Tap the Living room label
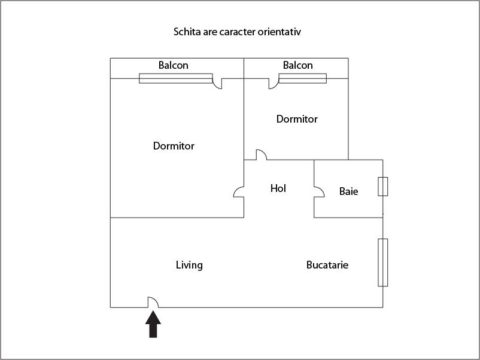[x=189, y=265]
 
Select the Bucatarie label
[x=327, y=265]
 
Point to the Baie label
[x=348, y=191]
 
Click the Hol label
[x=278, y=188]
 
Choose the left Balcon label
[x=173, y=65]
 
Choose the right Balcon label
[x=297, y=65]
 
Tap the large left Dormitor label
[x=174, y=145]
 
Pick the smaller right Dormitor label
[x=297, y=119]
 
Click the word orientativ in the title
[x=279, y=31]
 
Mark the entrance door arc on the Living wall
[x=153, y=303]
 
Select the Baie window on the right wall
[x=382, y=187]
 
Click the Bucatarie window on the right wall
[x=382, y=262]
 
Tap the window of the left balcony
[x=175, y=78]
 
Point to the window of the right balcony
[x=302, y=78]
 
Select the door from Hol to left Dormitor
[x=239, y=193]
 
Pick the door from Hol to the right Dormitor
[x=261, y=155]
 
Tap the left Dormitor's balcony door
[x=218, y=83]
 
